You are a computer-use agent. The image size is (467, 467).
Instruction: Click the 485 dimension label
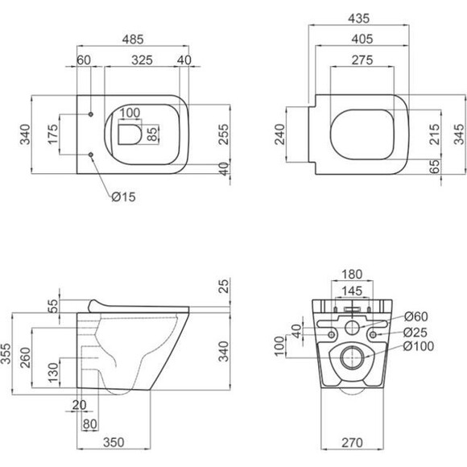click(133, 39)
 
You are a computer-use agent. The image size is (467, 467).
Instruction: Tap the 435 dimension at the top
click(358, 19)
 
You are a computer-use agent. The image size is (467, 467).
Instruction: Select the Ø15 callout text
click(124, 196)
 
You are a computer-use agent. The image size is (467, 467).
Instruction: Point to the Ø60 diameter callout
click(416, 316)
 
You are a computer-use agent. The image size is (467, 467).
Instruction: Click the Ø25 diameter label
click(415, 333)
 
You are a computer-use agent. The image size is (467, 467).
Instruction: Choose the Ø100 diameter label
click(419, 346)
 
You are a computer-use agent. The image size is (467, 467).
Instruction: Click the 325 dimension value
click(142, 60)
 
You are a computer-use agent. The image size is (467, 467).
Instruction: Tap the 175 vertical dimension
click(52, 134)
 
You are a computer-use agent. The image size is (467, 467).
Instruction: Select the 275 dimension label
click(362, 60)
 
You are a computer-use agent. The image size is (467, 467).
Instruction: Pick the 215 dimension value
click(435, 134)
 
